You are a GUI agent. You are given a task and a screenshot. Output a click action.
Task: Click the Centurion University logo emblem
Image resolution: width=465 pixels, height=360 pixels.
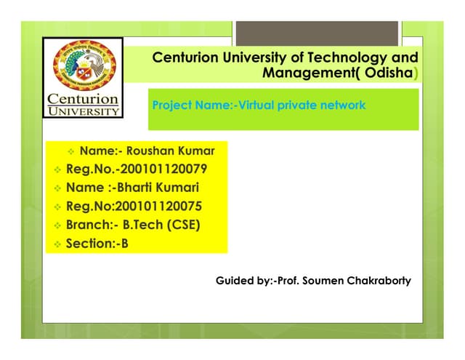82,67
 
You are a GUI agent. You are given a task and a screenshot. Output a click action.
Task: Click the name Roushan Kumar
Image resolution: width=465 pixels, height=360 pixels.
171,151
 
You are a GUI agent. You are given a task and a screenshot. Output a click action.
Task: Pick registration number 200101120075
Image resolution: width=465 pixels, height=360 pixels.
157,207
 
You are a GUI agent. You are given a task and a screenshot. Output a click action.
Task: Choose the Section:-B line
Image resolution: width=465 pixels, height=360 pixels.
97,244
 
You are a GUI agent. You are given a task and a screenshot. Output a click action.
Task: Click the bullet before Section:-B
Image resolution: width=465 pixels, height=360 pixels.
57,244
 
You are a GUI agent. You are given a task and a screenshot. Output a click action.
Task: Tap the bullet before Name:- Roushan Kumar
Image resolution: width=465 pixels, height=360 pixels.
70,152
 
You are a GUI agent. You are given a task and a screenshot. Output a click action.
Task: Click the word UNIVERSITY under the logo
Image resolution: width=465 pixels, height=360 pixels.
84,112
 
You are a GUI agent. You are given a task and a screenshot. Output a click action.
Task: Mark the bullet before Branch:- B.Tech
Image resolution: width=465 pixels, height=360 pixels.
57,225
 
